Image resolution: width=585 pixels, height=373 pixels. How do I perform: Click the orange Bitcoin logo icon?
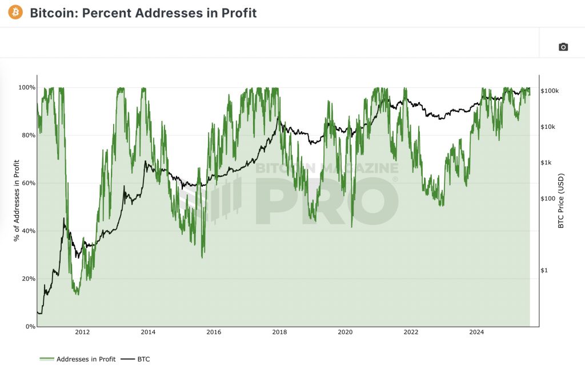15,12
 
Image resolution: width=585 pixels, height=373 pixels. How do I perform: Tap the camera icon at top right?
563,47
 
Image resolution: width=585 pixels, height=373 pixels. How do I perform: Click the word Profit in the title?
238,13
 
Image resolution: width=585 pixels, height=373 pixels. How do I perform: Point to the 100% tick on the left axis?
27,88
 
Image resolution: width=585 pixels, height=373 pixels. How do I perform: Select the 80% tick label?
29,135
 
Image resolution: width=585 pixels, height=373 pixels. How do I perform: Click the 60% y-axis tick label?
29,183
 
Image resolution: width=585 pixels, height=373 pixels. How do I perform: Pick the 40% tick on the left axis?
29,231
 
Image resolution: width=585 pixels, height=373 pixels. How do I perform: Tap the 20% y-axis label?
29,279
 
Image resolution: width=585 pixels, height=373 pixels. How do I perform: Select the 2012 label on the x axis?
82,332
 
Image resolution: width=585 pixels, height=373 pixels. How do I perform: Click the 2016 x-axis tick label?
214,332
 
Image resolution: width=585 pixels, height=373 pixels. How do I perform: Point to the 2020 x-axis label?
345,332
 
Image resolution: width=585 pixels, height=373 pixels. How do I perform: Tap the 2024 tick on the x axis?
476,332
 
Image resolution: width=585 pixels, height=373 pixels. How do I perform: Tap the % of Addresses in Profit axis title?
17,200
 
